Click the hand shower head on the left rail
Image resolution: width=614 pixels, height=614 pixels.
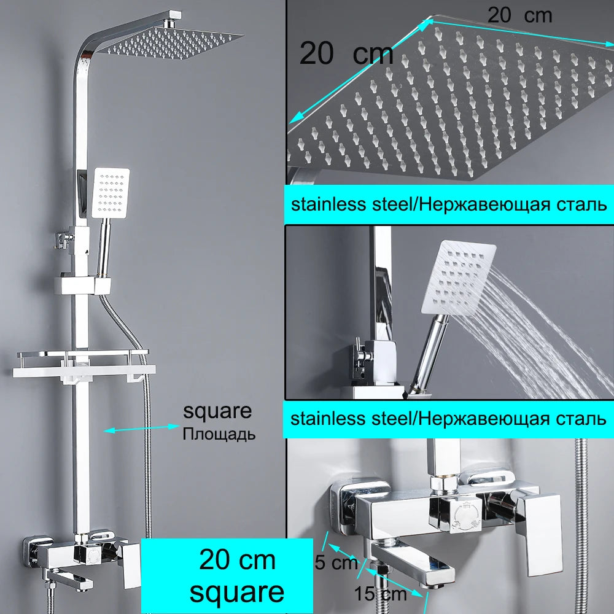111,193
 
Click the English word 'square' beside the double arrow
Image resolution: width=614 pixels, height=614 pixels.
217,411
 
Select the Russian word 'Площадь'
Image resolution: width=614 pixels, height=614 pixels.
219,434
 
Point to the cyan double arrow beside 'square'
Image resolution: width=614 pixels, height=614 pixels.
141,429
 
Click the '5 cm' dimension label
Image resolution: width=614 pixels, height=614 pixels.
336,562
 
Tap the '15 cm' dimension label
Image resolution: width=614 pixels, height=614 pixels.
380,594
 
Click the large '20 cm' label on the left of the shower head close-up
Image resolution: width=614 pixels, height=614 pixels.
346,53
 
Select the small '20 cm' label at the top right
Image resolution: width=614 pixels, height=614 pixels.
519,16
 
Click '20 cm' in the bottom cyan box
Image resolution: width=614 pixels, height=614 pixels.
237,559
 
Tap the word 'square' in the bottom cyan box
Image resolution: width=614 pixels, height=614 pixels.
237,592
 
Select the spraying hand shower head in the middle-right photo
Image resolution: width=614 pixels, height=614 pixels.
458,278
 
